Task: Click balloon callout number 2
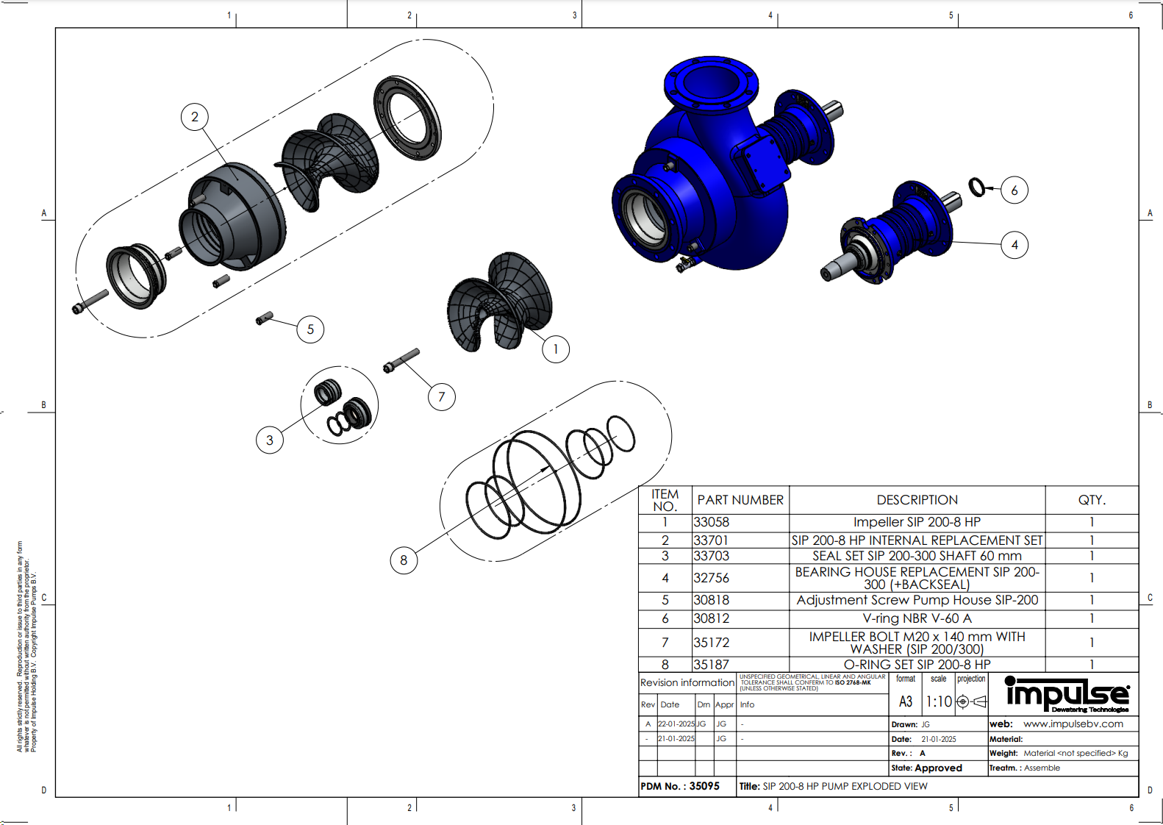194,117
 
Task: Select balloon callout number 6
1014,190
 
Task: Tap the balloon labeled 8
403,560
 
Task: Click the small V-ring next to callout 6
976,187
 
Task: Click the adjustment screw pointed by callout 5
264,318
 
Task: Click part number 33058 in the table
711,522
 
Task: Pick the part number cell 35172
711,643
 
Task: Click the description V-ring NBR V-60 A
917,618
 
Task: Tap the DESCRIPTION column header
917,500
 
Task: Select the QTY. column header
1092,500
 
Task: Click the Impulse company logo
1066,694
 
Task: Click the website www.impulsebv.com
1073,724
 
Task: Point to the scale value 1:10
938,701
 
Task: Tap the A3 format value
906,701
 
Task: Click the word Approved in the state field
938,768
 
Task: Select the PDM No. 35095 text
680,786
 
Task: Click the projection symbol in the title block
970,701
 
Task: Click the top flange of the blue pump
710,80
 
